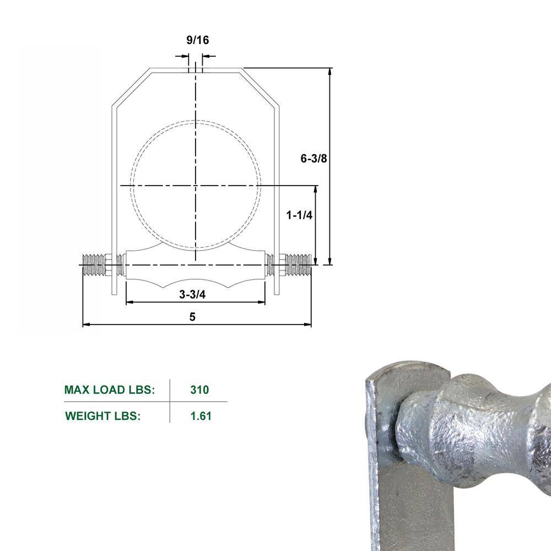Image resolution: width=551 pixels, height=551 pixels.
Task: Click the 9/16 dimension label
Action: pos(197,40)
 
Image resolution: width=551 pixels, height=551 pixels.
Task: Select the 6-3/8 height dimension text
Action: pos(314,159)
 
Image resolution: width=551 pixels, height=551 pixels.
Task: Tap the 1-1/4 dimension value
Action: pos(299,215)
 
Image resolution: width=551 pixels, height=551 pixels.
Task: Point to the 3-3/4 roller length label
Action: pos(192,294)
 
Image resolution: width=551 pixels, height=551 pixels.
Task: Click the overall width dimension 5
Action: pos(192,317)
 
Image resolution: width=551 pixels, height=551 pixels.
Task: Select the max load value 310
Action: pos(199,390)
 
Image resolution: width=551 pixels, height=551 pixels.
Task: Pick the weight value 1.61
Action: pos(201,416)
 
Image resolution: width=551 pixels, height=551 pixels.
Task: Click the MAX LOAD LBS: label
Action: pos(110,390)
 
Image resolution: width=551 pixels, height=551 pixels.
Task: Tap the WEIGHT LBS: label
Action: pos(103,416)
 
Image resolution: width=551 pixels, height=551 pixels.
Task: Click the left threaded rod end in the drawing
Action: pos(94,265)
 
